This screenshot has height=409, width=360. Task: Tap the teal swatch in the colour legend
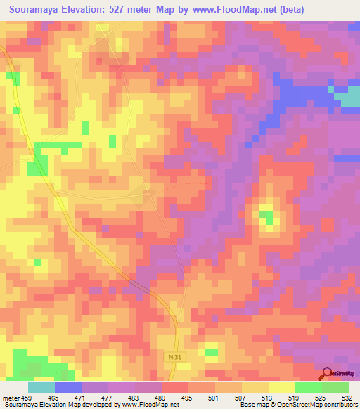(x=41, y=387)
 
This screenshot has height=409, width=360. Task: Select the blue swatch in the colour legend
(x=68, y=387)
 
